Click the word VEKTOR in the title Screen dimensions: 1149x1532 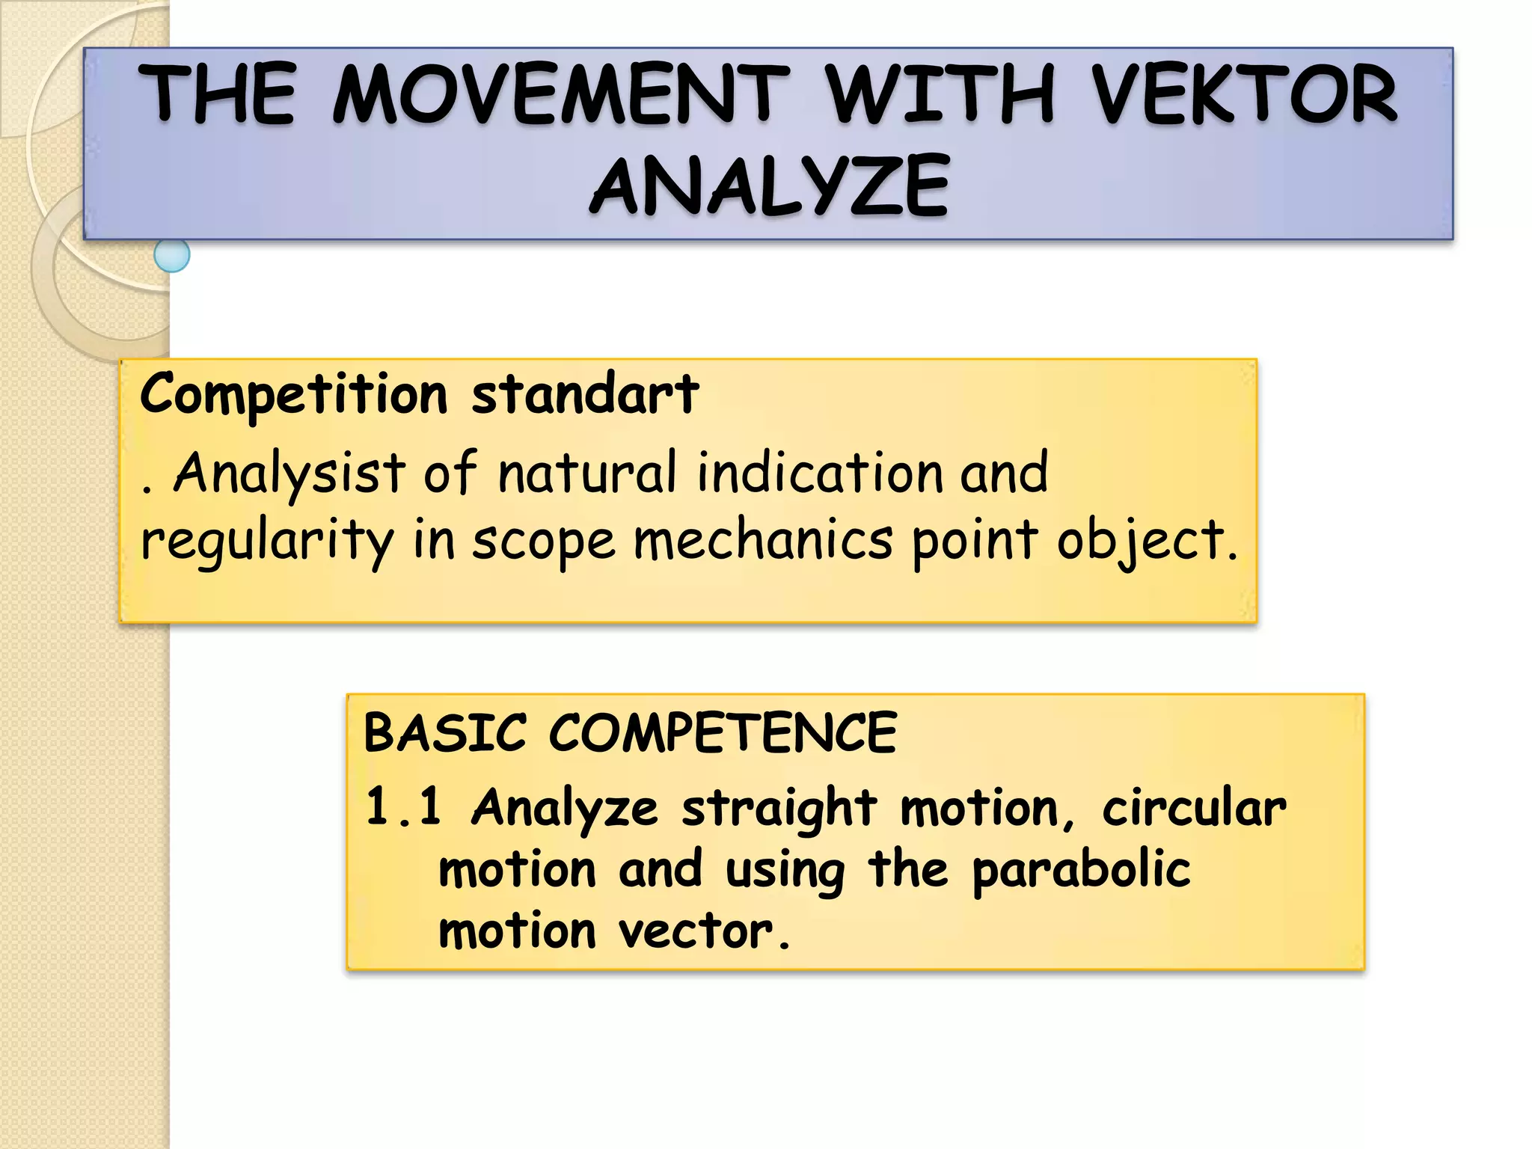pyautogui.click(x=1244, y=94)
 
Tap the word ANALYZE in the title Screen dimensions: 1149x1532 pyautogui.click(x=770, y=186)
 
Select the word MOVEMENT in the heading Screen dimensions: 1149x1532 pyautogui.click(x=561, y=94)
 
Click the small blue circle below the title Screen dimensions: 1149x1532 pyautogui.click(x=172, y=255)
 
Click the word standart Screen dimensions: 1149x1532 pyautogui.click(x=585, y=393)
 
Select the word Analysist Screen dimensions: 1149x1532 pyautogui.click(x=289, y=474)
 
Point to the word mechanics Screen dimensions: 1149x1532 pyautogui.click(x=763, y=540)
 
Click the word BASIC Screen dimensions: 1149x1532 pyautogui.click(x=445, y=732)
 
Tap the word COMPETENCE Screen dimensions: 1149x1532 pyautogui.click(x=723, y=732)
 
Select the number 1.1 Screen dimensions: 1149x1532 pyautogui.click(x=403, y=808)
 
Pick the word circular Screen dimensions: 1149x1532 pyautogui.click(x=1194, y=808)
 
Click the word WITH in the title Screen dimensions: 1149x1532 pyautogui.click(x=940, y=94)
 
